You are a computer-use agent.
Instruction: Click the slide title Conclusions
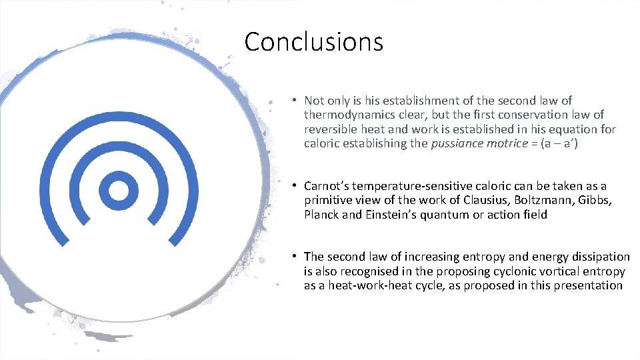(x=313, y=42)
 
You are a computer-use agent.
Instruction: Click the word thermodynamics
(x=345, y=115)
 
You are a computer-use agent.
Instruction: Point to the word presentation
(x=589, y=286)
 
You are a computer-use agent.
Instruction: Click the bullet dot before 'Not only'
(x=294, y=101)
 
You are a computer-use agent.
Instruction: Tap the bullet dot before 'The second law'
(x=294, y=257)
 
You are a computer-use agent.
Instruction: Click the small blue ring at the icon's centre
(x=119, y=191)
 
